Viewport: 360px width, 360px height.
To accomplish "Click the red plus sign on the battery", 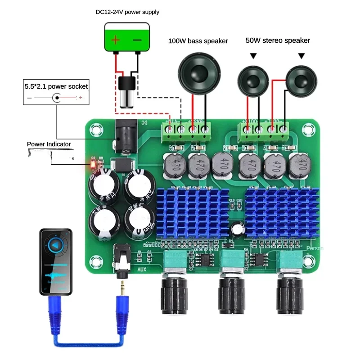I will [x=116, y=40].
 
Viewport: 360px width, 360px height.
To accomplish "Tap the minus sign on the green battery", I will [x=138, y=40].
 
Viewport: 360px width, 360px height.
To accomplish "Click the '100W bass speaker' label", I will [x=198, y=41].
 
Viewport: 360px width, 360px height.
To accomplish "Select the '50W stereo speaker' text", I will [x=278, y=40].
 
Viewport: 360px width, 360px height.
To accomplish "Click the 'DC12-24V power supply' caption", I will [x=127, y=12].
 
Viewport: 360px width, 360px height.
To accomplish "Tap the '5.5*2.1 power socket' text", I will [x=56, y=85].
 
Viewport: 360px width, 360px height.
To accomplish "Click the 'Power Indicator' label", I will [x=49, y=144].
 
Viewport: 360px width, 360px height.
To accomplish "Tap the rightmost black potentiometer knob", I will [x=291, y=294].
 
